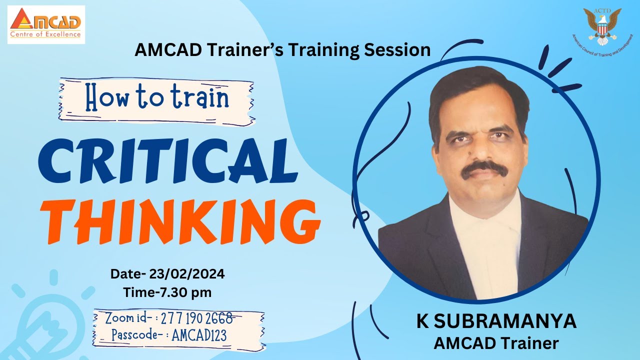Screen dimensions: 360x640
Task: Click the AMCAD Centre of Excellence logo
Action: click(x=46, y=24)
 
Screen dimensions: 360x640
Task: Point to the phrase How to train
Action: click(x=156, y=99)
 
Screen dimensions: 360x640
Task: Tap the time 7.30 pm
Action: click(x=183, y=292)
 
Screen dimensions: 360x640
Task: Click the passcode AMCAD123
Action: click(x=198, y=335)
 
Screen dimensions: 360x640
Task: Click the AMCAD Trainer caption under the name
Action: click(x=496, y=343)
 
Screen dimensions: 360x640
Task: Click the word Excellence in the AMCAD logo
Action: click(x=63, y=34)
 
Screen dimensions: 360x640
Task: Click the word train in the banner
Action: click(x=200, y=99)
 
